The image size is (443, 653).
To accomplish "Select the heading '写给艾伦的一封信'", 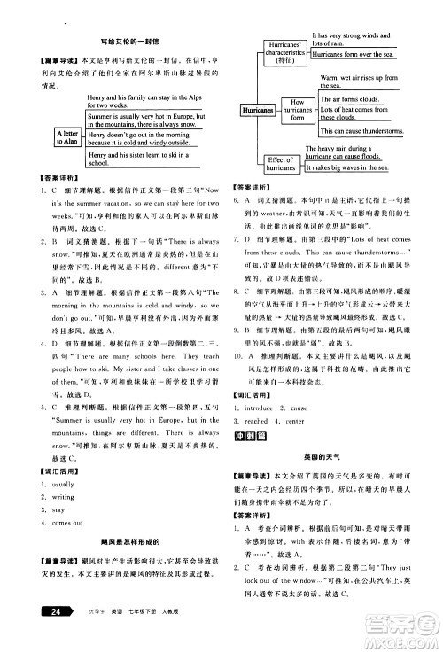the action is coord(122,41).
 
